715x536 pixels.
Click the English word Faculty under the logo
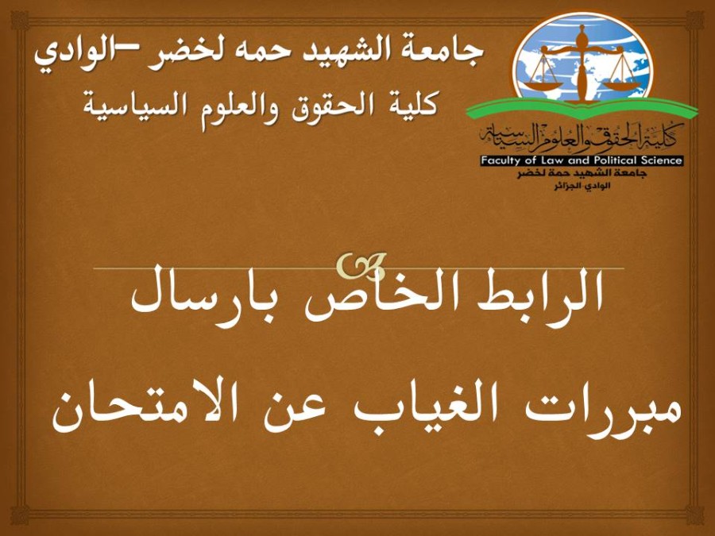(x=500, y=161)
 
